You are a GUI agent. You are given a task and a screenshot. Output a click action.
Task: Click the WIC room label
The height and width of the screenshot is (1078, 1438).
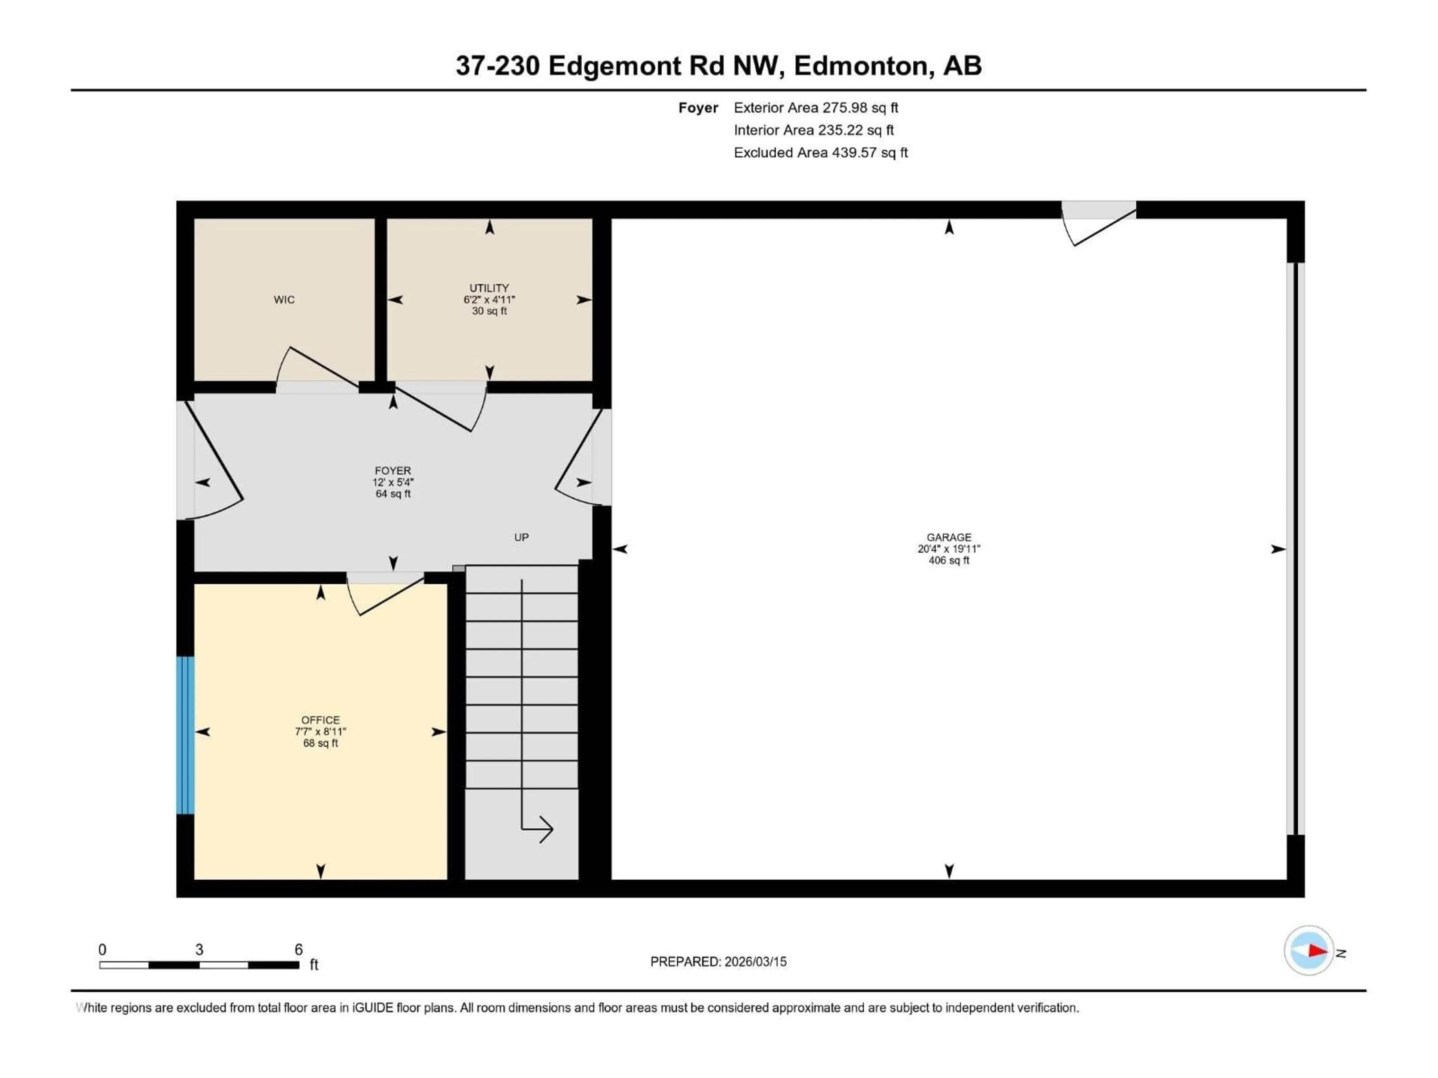pyautogui.click(x=284, y=299)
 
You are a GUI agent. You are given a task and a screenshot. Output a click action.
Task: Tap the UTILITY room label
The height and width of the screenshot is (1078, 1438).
pyautogui.click(x=489, y=288)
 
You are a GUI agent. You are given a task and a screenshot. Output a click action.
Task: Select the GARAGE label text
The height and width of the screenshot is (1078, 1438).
pyautogui.click(x=949, y=538)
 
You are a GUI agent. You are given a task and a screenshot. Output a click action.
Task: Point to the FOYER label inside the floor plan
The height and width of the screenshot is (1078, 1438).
pyautogui.click(x=393, y=471)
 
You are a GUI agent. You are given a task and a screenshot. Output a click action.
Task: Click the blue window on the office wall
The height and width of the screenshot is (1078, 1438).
pyautogui.click(x=185, y=735)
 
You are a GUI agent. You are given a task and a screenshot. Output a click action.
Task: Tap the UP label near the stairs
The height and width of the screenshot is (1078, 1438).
pyautogui.click(x=521, y=538)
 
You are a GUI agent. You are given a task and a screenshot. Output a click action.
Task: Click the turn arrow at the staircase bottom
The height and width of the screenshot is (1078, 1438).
pyautogui.click(x=538, y=829)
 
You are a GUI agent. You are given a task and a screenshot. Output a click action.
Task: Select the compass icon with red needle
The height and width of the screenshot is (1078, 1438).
pyautogui.click(x=1309, y=951)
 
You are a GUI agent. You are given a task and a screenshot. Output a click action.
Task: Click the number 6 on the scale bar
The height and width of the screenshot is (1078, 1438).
pyautogui.click(x=298, y=949)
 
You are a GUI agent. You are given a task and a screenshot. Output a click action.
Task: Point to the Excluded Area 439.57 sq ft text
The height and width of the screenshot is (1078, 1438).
pyautogui.click(x=820, y=153)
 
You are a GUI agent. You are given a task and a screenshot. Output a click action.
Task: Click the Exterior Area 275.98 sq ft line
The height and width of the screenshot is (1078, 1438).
pyautogui.click(x=816, y=108)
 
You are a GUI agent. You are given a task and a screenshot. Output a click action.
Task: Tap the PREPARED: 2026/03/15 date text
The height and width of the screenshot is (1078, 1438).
pyautogui.click(x=718, y=962)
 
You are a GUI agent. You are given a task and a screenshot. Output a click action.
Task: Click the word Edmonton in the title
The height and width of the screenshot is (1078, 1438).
pyautogui.click(x=861, y=66)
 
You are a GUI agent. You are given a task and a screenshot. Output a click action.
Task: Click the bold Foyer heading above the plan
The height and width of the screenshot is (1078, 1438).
pyautogui.click(x=698, y=108)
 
